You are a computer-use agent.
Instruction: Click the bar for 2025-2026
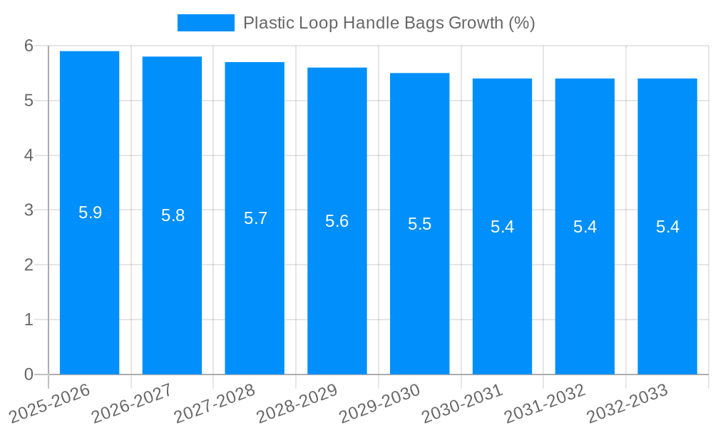tap(89, 213)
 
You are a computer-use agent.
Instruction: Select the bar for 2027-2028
tap(255, 218)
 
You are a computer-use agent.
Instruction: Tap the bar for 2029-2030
tap(419, 223)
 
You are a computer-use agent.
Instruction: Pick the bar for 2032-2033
tap(667, 226)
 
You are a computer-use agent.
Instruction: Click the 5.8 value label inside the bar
tap(173, 215)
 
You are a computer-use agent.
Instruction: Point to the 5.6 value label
tap(337, 221)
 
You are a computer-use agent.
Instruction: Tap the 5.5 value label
tap(419, 224)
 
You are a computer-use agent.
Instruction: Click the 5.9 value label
tap(90, 213)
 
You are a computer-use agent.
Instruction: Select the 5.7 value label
tap(255, 218)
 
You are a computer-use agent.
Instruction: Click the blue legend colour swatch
tap(205, 23)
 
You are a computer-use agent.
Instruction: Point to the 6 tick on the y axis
tap(29, 46)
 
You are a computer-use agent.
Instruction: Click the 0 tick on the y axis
tap(29, 374)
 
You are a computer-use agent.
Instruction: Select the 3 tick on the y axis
tap(29, 210)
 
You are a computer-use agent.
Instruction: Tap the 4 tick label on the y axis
tap(29, 156)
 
